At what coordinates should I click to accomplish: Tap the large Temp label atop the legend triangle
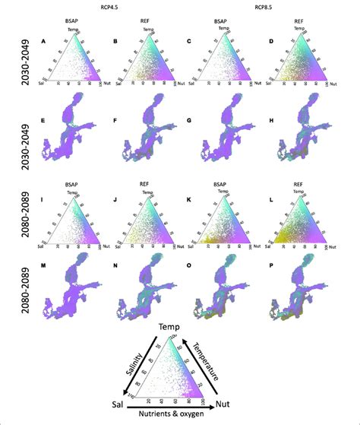coord(182,328)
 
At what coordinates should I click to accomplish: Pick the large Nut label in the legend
coord(245,402)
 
